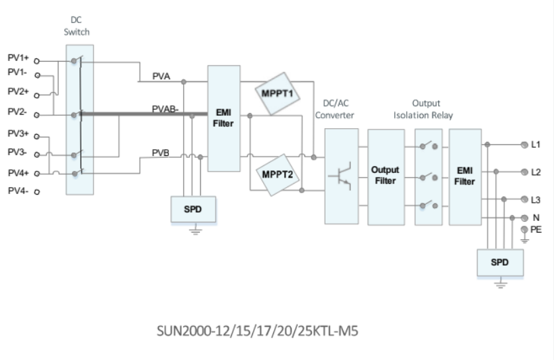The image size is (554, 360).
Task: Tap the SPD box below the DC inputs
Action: tap(193, 209)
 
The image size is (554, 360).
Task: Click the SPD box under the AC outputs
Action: tap(501, 262)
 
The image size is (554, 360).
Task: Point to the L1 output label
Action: tap(536, 144)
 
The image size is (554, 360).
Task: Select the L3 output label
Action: tap(536, 199)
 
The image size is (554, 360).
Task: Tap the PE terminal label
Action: tap(536, 230)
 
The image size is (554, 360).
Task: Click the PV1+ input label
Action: tap(18, 58)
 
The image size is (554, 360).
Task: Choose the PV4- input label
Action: tap(18, 191)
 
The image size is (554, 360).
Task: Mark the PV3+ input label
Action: tap(18, 134)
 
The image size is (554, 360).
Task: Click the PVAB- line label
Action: tap(164, 108)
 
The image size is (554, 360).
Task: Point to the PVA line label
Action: tap(161, 77)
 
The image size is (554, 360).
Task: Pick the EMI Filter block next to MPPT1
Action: tap(222, 118)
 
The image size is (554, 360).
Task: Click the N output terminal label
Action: tap(535, 218)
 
